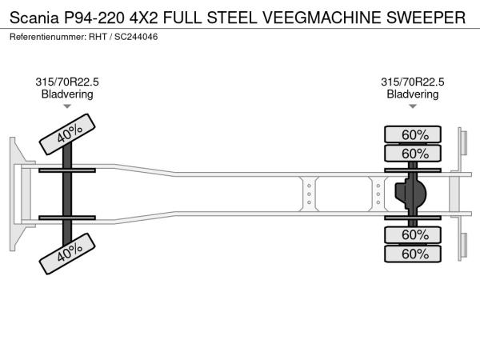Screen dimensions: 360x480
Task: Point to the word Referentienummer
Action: coord(53,38)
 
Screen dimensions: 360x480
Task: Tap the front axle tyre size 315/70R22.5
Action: coord(67,82)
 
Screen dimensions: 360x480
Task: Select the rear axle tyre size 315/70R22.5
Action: coord(413,82)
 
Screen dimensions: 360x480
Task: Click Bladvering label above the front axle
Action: coord(67,94)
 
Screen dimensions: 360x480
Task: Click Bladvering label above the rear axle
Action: coord(413,94)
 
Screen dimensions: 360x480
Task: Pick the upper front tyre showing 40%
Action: coord(70,133)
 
